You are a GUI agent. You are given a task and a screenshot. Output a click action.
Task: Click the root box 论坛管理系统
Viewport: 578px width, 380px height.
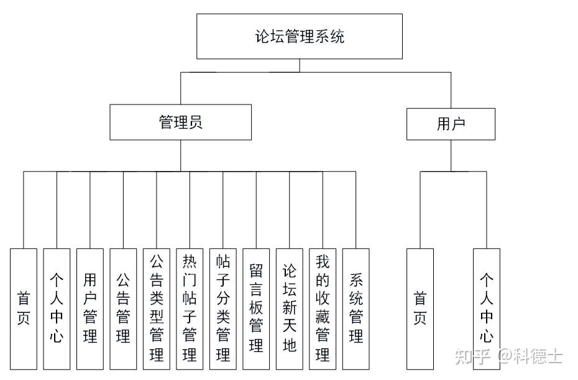(300, 36)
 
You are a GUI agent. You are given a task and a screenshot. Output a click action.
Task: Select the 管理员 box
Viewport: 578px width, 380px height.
(181, 122)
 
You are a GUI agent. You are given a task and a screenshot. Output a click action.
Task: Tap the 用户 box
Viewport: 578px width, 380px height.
(451, 124)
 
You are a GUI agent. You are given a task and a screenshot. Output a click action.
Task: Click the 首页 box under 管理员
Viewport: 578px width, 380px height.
(24, 309)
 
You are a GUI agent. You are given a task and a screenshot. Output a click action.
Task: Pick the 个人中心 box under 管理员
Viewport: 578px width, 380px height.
(57, 309)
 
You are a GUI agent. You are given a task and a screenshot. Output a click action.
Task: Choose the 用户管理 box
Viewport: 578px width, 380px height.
(90, 309)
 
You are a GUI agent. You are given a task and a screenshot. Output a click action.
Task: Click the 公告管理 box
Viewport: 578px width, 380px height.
(123, 309)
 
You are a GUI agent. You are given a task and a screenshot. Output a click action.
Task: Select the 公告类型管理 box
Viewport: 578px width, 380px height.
(156, 309)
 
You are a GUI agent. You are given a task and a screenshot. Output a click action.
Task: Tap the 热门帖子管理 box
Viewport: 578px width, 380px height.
(190, 309)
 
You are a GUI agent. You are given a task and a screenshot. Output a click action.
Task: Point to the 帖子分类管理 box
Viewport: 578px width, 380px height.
(223, 309)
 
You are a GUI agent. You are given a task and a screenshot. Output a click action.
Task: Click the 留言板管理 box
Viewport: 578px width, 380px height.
(256, 309)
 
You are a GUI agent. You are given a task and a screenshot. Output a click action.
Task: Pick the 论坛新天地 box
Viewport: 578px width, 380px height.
(290, 309)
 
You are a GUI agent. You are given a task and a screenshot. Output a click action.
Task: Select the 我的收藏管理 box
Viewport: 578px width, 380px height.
(323, 309)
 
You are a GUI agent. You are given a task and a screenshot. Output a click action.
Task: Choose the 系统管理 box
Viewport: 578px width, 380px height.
(356, 309)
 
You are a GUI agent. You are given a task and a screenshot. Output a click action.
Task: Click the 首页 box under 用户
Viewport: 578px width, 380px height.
(420, 309)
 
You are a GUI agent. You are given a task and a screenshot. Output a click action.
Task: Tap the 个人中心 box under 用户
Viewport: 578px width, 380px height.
(487, 309)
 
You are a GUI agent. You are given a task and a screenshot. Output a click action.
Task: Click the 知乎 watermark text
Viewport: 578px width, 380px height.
(472, 356)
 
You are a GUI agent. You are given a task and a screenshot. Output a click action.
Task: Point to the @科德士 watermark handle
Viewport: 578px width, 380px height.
(530, 356)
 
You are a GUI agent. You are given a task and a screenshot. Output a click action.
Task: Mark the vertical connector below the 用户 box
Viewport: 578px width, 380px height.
(451, 155)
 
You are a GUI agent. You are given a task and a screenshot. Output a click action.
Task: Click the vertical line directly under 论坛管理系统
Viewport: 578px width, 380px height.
(300, 66)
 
